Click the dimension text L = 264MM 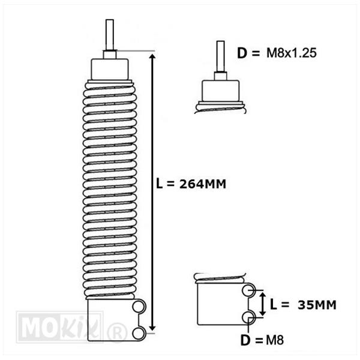(x=191, y=184)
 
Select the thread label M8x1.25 (x=292, y=53)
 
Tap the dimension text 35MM (x=317, y=305)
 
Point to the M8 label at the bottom (x=275, y=340)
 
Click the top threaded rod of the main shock (x=110, y=35)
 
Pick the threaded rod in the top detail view (x=221, y=56)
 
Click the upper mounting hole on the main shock (x=139, y=307)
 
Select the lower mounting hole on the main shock (x=139, y=334)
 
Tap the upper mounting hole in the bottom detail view (x=248, y=290)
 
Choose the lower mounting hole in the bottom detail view (x=248, y=317)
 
